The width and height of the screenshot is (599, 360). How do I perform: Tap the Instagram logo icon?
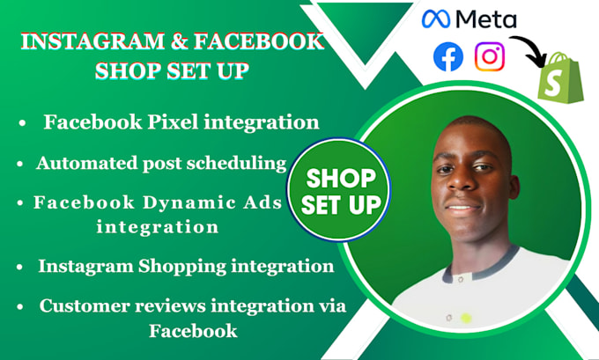[x=490, y=57]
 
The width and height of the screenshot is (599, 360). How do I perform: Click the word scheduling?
[x=238, y=162]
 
